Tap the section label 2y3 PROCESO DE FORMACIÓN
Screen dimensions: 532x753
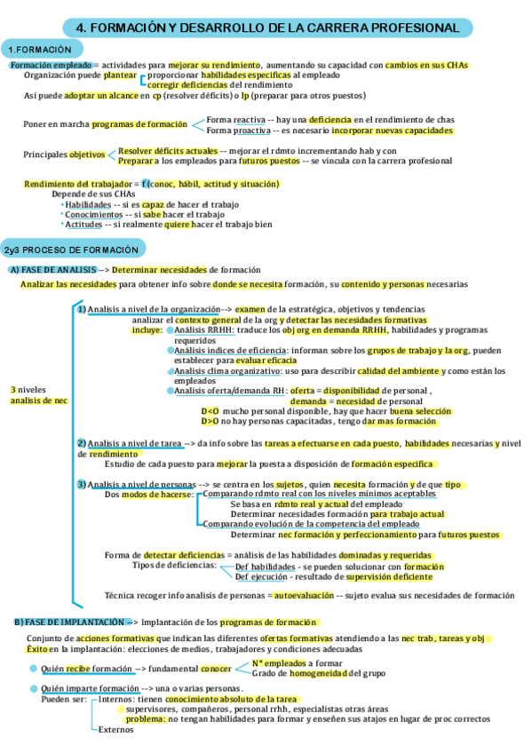point(71,250)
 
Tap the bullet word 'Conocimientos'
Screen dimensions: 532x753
point(93,214)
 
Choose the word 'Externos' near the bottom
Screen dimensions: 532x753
point(115,730)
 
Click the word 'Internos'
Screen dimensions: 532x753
point(117,698)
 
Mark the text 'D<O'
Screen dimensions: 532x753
point(210,411)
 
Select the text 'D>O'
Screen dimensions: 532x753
point(210,422)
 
